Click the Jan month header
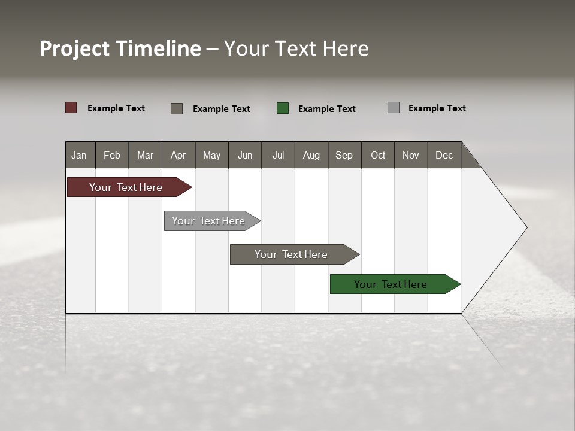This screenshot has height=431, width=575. (x=80, y=155)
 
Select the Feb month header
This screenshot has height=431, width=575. (x=112, y=155)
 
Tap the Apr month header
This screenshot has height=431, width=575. (x=178, y=155)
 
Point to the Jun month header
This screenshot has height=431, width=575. (x=245, y=155)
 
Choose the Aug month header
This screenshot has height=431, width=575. (x=311, y=155)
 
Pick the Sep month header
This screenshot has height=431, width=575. (x=344, y=155)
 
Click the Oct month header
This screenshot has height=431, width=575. (x=378, y=155)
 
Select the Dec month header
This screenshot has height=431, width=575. (x=444, y=155)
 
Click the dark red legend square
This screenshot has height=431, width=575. (x=71, y=108)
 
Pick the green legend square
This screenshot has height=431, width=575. (x=283, y=108)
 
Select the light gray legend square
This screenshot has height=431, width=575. (x=394, y=108)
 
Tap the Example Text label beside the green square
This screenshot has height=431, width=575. (x=327, y=109)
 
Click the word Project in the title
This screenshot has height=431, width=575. (x=75, y=48)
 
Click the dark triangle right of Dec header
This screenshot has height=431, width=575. (x=468, y=159)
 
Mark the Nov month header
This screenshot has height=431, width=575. (x=411, y=155)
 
